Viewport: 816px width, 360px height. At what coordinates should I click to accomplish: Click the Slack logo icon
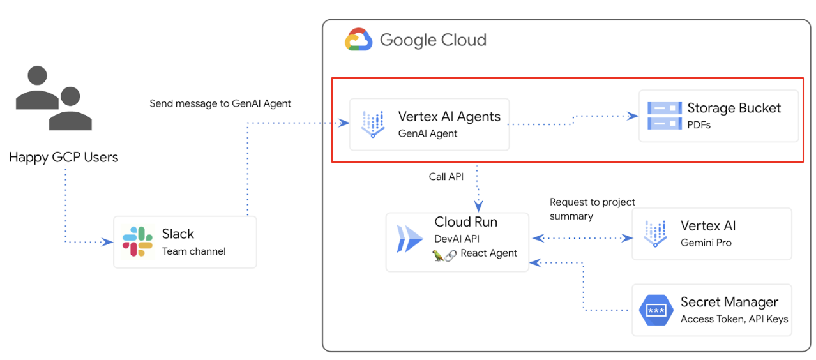[137, 241]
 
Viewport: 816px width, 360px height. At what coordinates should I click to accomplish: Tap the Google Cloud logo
[358, 40]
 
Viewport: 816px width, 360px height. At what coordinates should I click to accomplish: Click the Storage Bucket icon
[664, 116]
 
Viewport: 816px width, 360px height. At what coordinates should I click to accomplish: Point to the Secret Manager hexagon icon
[656, 310]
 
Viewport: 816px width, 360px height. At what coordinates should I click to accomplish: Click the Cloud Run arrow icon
[410, 239]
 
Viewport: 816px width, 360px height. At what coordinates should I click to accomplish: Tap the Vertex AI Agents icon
[374, 124]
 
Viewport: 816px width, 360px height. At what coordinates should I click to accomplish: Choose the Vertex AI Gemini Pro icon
[656, 234]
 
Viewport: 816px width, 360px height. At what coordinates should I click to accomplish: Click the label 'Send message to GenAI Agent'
[220, 103]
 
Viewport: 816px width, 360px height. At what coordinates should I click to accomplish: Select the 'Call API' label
[446, 177]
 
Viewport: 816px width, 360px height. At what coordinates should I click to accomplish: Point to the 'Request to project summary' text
[592, 209]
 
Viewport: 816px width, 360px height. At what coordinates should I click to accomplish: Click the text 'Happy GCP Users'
[63, 157]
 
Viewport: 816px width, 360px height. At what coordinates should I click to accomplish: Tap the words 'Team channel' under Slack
[193, 251]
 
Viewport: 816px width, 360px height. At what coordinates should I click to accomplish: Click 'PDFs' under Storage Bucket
[699, 125]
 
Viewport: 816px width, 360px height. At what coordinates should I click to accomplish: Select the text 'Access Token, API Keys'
[734, 319]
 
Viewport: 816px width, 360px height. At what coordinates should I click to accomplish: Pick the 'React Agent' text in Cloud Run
[488, 253]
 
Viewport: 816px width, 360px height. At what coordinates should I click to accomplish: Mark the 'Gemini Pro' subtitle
[706, 243]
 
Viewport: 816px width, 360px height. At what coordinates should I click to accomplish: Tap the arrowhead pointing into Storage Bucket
[633, 116]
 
